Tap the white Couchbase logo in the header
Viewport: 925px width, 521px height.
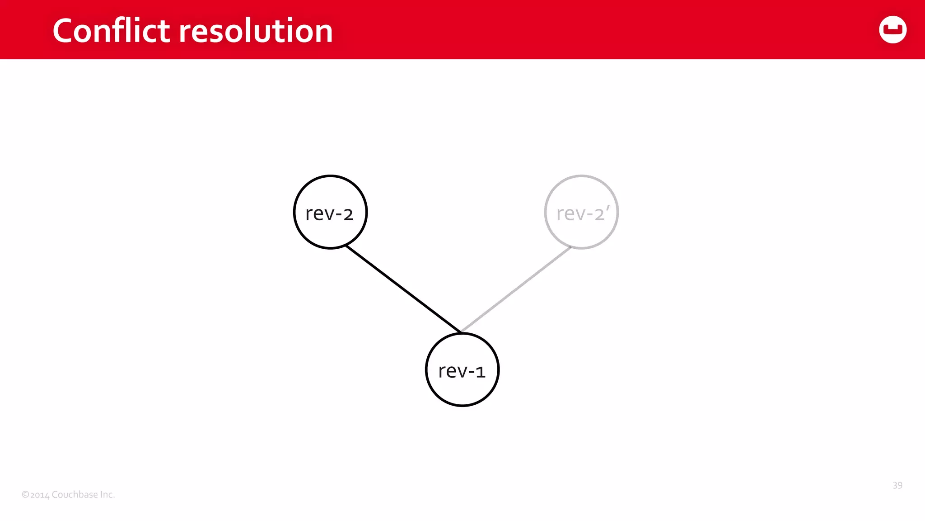(892, 30)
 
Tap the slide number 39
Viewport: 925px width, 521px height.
(897, 485)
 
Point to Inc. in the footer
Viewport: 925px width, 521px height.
(107, 494)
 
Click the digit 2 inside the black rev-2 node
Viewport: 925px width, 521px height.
(348, 214)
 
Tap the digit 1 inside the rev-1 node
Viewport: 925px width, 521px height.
(480, 372)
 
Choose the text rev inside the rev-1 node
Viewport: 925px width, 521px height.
(453, 371)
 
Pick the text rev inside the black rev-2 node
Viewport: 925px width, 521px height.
(320, 214)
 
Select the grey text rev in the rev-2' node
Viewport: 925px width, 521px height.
(571, 214)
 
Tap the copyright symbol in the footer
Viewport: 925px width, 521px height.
(25, 495)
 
